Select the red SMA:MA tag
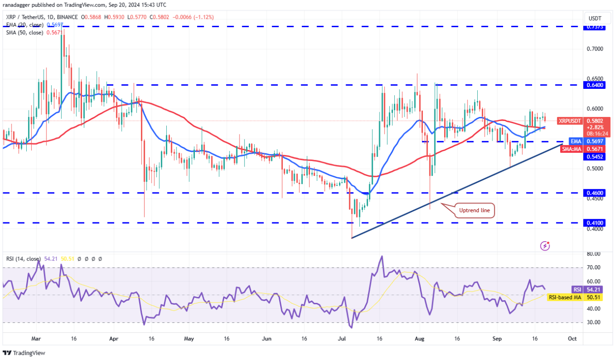pyautogui.click(x=571, y=149)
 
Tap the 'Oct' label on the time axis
pyautogui.click(x=572, y=338)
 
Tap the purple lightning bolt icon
pyautogui.click(x=545, y=246)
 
